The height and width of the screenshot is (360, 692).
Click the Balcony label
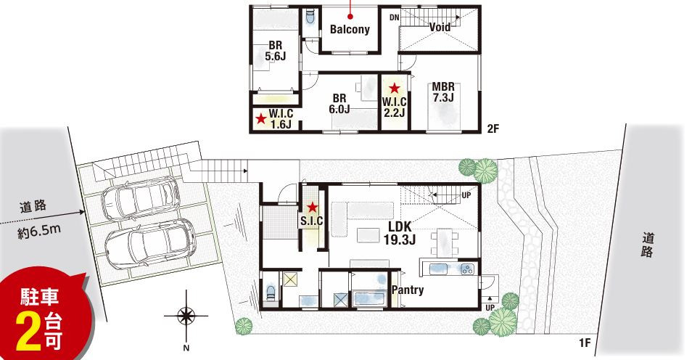point(350,30)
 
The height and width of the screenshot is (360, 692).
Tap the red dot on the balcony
point(350,17)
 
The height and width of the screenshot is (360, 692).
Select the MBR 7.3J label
point(442,92)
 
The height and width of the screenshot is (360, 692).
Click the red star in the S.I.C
point(313,207)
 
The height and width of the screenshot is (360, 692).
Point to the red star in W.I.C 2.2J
point(394,89)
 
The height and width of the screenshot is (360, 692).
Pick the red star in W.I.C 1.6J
point(261,118)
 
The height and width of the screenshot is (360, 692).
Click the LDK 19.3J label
point(400,233)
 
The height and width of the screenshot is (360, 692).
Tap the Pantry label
point(408,290)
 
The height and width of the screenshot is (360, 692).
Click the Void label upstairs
point(440,27)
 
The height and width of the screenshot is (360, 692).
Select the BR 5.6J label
point(276,51)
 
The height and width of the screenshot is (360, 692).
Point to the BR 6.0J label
point(339,103)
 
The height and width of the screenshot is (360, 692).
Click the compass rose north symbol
point(186,316)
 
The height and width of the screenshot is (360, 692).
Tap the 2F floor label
point(493,129)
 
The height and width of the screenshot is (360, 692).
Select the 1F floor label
point(585,343)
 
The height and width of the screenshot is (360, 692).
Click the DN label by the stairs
point(395,17)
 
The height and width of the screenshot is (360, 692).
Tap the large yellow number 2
point(28,332)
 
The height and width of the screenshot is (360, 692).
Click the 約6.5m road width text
point(39,232)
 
